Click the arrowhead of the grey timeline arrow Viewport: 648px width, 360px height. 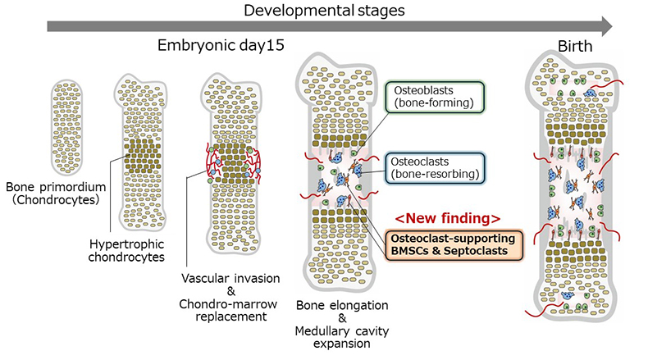coord(605,28)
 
